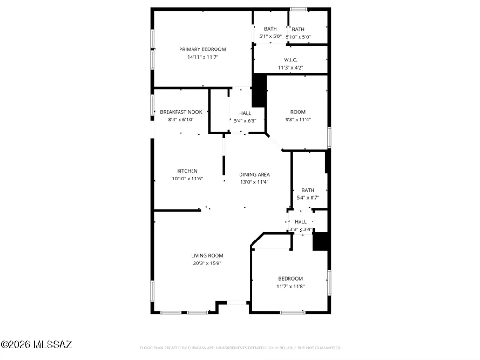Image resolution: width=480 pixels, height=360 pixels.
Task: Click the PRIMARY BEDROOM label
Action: coord(203,49)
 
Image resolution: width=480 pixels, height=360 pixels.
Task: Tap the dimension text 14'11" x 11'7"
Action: coord(203,57)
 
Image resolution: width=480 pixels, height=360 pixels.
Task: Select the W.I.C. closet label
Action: coord(290,60)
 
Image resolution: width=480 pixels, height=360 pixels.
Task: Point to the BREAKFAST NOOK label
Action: coord(181,112)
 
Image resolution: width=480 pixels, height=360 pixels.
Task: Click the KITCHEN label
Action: coord(187,171)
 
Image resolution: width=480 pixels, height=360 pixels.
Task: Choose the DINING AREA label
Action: coord(254,175)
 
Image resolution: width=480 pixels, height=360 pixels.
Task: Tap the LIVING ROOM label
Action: coord(207,256)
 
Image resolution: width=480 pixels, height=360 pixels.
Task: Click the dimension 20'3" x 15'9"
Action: coord(207,263)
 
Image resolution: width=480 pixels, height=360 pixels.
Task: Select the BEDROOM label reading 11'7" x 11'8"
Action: coord(290,279)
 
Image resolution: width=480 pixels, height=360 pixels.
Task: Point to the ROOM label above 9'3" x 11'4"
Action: coord(298,112)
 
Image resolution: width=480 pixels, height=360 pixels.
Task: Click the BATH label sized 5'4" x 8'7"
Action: coord(308,190)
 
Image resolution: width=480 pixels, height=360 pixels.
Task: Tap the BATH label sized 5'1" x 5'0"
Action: coord(270,29)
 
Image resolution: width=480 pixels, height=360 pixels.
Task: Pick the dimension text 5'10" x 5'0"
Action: coord(299,37)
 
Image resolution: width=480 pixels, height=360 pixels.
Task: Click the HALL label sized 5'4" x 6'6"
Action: coord(245,113)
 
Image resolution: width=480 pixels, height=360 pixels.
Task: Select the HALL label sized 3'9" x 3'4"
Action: coord(300,222)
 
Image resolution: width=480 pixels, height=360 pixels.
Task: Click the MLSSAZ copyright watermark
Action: coord(36,344)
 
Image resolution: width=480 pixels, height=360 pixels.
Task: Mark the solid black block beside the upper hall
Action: coord(259,91)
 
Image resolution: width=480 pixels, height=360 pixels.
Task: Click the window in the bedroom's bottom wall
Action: coord(293,312)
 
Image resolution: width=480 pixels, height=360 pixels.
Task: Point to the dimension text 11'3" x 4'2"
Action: coord(290,68)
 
